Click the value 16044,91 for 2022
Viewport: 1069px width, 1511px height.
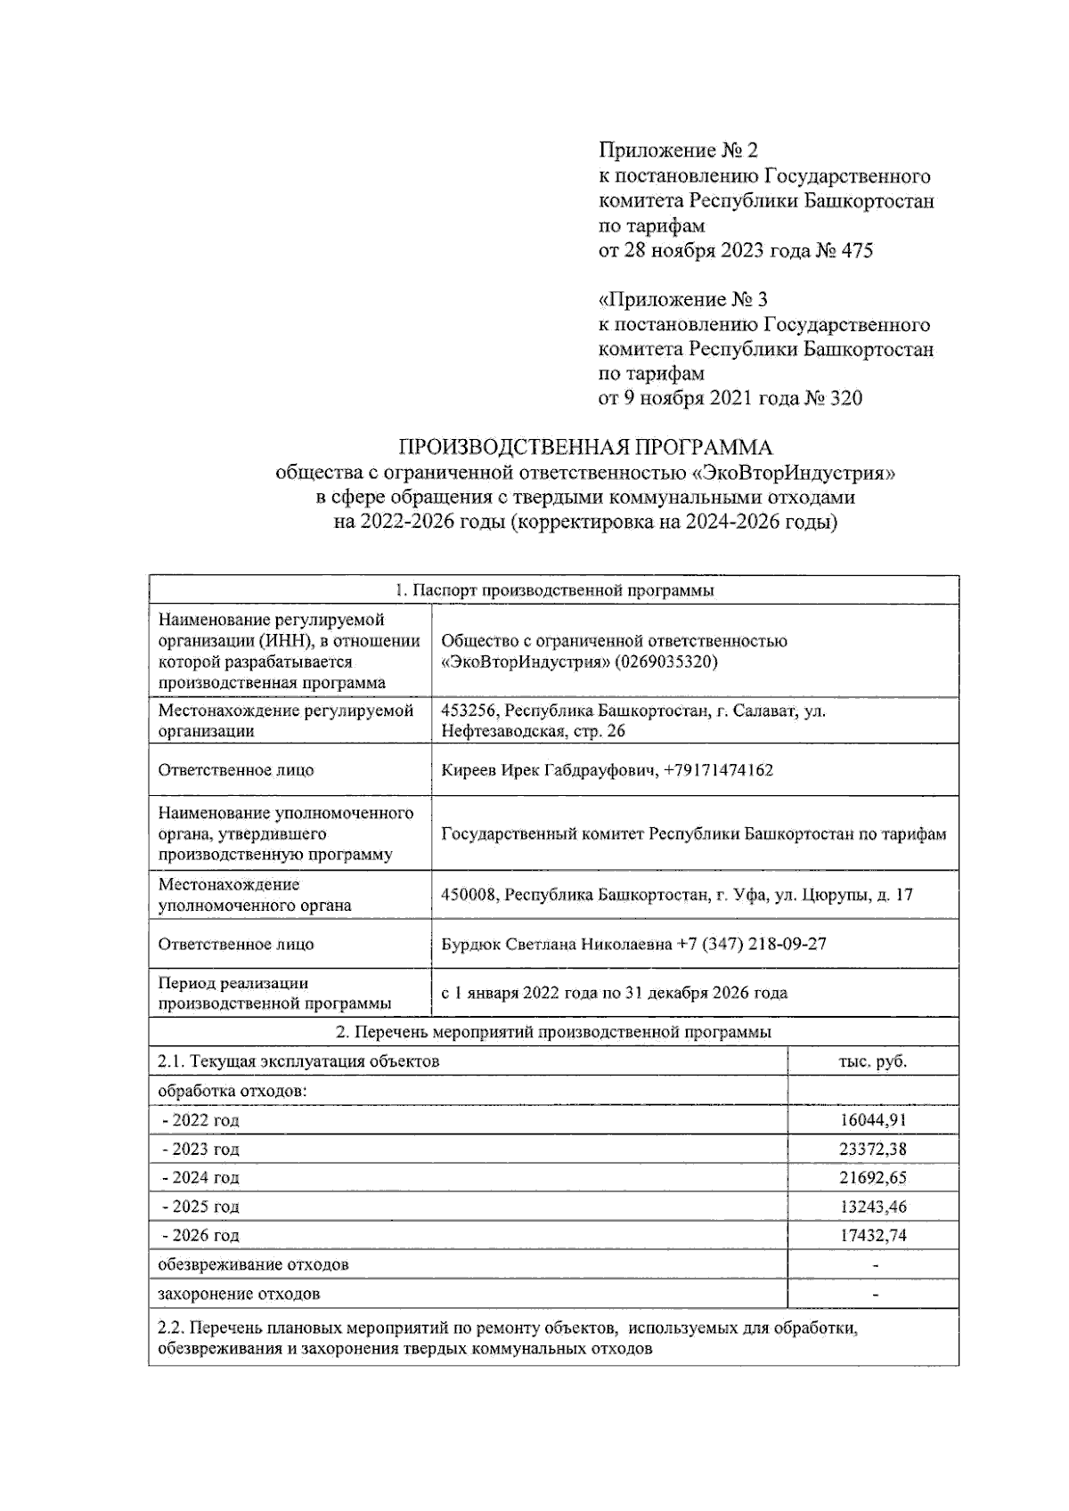872,1120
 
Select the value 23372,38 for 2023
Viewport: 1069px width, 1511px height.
872,1149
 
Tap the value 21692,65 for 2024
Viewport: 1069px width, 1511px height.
872,1177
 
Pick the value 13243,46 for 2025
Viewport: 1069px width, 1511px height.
872,1206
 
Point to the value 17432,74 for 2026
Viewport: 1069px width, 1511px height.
872,1235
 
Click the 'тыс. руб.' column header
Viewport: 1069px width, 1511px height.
872,1061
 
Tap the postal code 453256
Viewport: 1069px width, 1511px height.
469,711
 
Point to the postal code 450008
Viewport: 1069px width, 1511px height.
469,895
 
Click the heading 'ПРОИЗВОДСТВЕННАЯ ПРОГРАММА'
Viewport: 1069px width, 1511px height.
584,447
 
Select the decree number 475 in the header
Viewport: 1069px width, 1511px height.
857,251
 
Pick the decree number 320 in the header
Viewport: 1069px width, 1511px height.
845,398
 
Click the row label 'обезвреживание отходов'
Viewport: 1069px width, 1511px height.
253,1264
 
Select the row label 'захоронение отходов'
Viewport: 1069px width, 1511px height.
239,1294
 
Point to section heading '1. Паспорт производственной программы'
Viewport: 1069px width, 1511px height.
553,590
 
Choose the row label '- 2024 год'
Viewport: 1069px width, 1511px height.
200,1177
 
